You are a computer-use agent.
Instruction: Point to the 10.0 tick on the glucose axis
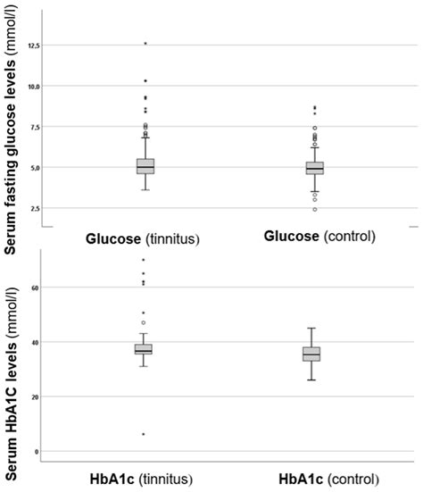(x=33, y=86)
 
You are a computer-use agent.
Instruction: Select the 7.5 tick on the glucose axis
(x=35, y=127)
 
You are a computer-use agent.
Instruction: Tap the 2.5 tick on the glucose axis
(x=35, y=208)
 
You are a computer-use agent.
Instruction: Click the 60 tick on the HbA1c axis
(x=37, y=288)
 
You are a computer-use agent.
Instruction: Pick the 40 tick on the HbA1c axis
(x=37, y=342)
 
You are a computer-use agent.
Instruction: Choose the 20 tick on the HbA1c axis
(x=37, y=396)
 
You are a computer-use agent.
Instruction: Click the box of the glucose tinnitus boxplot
(x=145, y=166)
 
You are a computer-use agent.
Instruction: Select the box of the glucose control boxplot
(x=314, y=168)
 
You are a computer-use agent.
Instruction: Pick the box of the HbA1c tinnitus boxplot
(x=144, y=349)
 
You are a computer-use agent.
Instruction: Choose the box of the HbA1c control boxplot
(x=311, y=354)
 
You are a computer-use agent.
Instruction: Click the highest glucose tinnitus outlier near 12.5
(x=145, y=44)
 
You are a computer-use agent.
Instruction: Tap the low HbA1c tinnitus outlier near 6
(x=144, y=434)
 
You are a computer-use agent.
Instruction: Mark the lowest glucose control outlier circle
(x=314, y=210)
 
